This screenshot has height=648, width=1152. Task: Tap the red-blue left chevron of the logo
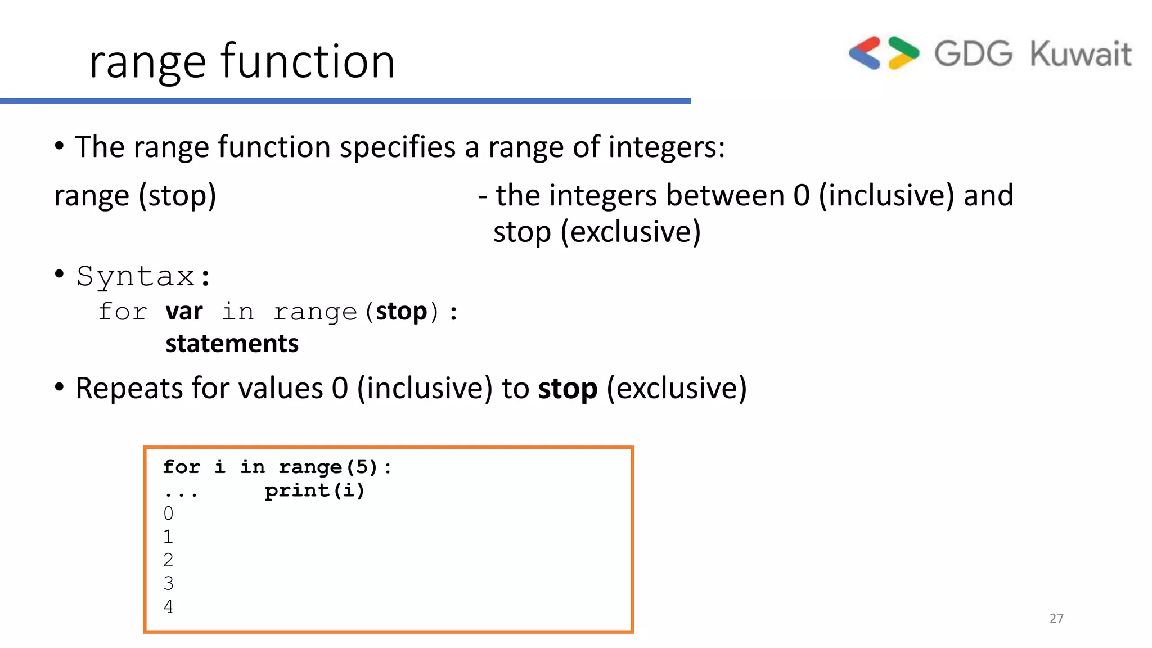[x=865, y=53]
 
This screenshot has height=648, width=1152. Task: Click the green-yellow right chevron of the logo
[x=903, y=53]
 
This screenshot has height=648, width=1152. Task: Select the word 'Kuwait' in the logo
[x=1080, y=54]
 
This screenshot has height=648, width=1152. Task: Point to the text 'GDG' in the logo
[x=973, y=54]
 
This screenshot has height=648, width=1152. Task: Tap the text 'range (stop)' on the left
[x=135, y=196]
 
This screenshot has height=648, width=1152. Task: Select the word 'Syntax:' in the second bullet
[x=144, y=276]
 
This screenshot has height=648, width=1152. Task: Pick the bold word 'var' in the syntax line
[x=184, y=311]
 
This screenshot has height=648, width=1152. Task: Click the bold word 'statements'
[x=232, y=344]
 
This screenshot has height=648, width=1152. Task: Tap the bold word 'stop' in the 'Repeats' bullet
[x=567, y=389]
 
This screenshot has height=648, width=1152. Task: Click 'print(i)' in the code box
[x=314, y=490]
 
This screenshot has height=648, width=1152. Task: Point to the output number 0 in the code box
[x=168, y=514]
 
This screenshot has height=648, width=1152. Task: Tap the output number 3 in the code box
[x=168, y=583]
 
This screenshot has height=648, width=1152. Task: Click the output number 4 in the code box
[x=168, y=607]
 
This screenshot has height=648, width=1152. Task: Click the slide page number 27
[x=1056, y=618]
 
